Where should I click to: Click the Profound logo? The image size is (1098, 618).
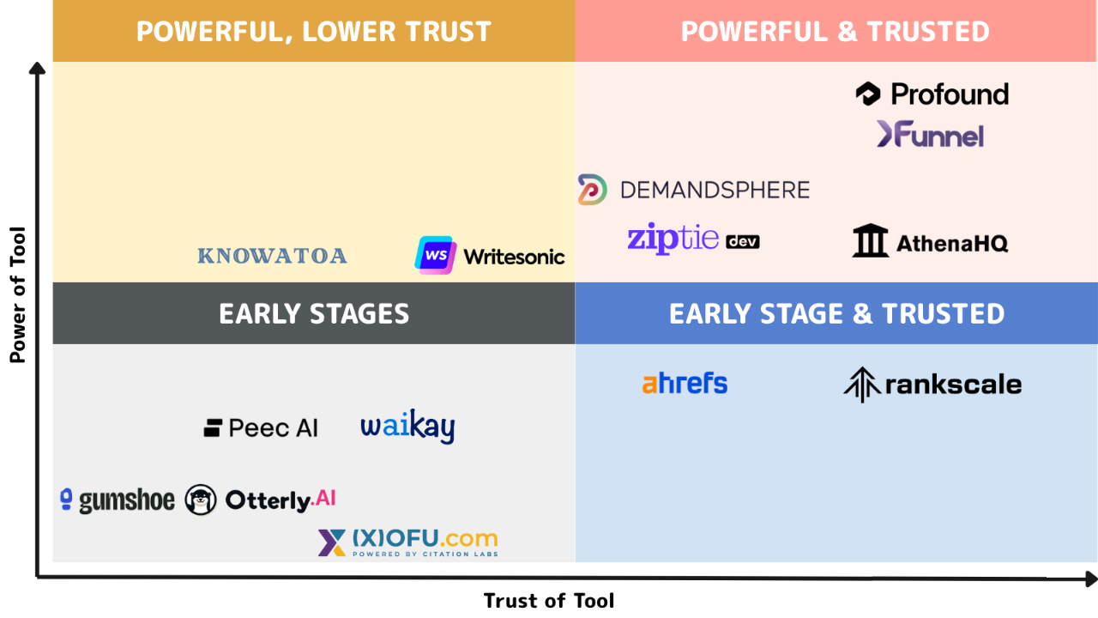pyautogui.click(x=932, y=94)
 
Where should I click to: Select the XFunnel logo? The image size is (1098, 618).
pyautogui.click(x=930, y=134)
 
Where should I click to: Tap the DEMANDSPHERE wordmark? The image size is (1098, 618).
pyautogui.click(x=715, y=191)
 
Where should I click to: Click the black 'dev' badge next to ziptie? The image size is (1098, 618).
pyautogui.click(x=743, y=241)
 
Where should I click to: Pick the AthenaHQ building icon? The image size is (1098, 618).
pyautogui.click(x=870, y=240)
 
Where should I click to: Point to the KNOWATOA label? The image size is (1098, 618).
pyautogui.click(x=272, y=256)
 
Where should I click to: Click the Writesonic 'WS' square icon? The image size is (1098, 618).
pyautogui.click(x=435, y=255)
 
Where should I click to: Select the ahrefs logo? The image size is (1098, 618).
pyautogui.click(x=685, y=384)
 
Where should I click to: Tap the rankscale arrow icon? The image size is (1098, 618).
pyautogui.click(x=862, y=385)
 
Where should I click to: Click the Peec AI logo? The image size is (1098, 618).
pyautogui.click(x=261, y=427)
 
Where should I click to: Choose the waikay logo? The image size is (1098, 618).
pyautogui.click(x=407, y=427)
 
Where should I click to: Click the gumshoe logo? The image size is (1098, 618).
pyautogui.click(x=118, y=500)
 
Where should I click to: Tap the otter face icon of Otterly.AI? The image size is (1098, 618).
pyautogui.click(x=201, y=500)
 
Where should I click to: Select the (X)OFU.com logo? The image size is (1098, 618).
pyautogui.click(x=407, y=542)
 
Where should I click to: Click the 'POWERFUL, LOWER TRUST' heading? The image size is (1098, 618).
pyautogui.click(x=314, y=32)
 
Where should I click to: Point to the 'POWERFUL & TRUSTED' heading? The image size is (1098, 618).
pyautogui.click(x=836, y=32)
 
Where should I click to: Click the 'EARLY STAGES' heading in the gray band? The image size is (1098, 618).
pyautogui.click(x=314, y=314)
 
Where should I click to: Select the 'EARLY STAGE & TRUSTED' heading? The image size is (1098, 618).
pyautogui.click(x=836, y=314)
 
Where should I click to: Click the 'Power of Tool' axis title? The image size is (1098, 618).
pyautogui.click(x=18, y=294)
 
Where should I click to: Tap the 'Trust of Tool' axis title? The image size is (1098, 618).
pyautogui.click(x=549, y=600)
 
